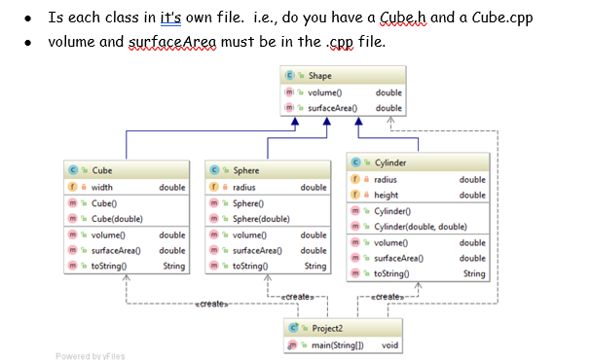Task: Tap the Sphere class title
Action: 243,170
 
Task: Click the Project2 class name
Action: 327,328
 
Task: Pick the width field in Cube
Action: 102,187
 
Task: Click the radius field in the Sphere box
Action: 244,187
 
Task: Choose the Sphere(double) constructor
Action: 261,219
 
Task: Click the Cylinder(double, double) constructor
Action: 417,227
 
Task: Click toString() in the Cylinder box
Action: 391,274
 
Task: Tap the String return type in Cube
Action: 174,266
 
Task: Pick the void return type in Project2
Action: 389,344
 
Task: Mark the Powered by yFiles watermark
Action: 91,355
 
